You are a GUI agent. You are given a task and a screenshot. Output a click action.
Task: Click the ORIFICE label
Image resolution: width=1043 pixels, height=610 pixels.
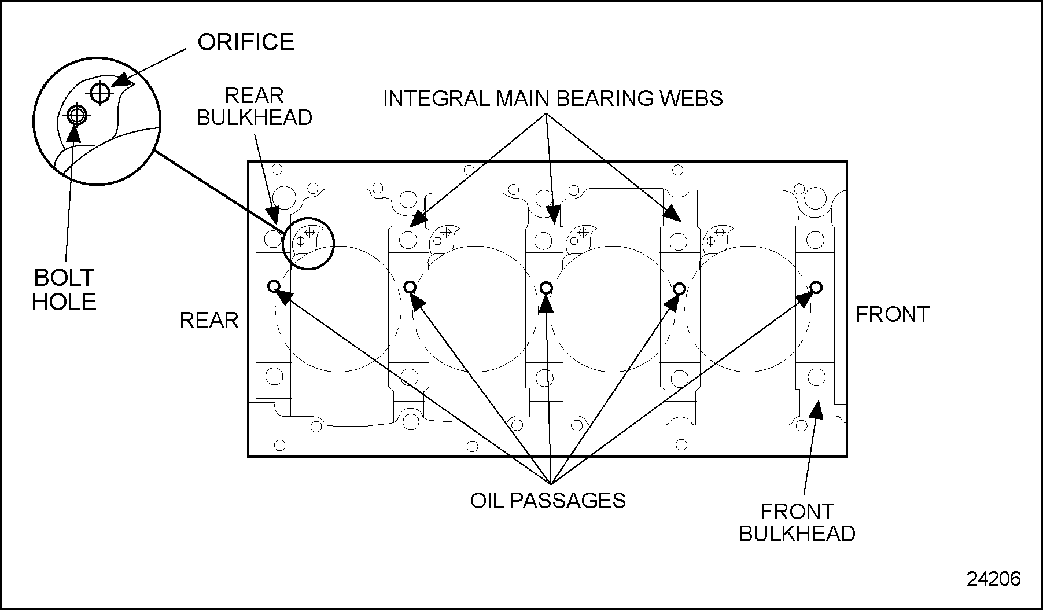pyautogui.click(x=246, y=42)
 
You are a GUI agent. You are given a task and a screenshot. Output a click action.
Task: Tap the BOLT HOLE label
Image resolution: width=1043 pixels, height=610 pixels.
pyautogui.click(x=64, y=289)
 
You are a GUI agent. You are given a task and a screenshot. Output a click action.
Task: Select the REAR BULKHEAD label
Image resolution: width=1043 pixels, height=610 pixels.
pyautogui.click(x=255, y=106)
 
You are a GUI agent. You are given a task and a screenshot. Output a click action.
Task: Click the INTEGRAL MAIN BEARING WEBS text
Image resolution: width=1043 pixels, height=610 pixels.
pyautogui.click(x=552, y=98)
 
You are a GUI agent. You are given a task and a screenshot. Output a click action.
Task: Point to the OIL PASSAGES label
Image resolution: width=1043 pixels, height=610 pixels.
pyautogui.click(x=547, y=500)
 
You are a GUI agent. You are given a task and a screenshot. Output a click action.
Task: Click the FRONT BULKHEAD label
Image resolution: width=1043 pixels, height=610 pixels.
pyautogui.click(x=797, y=523)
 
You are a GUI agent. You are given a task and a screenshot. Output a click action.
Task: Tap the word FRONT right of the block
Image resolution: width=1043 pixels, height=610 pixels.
pyautogui.click(x=892, y=314)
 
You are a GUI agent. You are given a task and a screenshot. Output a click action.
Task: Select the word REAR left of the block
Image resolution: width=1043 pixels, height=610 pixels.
pyautogui.click(x=209, y=320)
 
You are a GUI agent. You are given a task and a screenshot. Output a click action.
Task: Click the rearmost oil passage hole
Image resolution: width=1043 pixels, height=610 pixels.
pyautogui.click(x=274, y=285)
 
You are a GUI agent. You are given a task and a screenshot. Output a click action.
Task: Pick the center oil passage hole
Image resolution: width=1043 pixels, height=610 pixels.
pyautogui.click(x=546, y=288)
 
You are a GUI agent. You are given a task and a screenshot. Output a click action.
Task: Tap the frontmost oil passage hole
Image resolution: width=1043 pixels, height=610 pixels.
pyautogui.click(x=816, y=286)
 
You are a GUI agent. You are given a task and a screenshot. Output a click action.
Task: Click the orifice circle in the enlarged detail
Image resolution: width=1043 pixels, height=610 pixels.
pyautogui.click(x=100, y=92)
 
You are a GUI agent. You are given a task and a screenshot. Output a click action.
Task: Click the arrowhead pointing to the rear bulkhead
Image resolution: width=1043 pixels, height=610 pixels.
pyautogui.click(x=273, y=215)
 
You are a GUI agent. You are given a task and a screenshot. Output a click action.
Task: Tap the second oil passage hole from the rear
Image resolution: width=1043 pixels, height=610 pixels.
pyautogui.click(x=410, y=286)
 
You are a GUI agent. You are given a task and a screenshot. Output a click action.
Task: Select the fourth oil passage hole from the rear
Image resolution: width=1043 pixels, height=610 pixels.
pyautogui.click(x=680, y=288)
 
